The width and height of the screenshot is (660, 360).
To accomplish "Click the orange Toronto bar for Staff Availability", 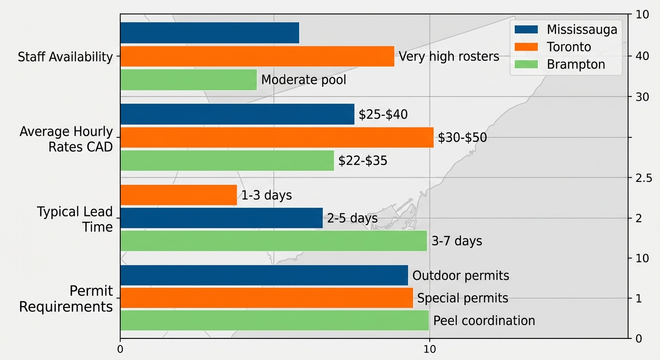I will [257, 56].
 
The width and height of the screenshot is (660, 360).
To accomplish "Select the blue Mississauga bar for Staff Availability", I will [210, 33].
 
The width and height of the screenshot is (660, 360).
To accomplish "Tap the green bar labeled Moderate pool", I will [188, 80].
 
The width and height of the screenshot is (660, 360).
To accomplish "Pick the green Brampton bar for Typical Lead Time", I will [273, 241].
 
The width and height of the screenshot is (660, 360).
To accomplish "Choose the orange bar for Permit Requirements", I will [266, 298].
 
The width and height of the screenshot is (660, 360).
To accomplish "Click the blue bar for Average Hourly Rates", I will [237, 114].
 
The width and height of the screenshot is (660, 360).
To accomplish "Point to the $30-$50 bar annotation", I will [462, 138].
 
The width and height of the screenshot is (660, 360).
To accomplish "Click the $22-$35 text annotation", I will [363, 161].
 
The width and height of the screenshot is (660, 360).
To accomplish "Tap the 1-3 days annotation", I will [266, 195].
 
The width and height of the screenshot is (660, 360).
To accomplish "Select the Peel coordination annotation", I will [484, 321].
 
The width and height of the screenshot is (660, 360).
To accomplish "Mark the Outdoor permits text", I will [460, 276].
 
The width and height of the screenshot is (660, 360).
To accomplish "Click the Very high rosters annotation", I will [449, 57].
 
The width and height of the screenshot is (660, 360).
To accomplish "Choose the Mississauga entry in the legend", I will [582, 30].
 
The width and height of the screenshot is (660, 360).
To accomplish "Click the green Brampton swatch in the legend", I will [526, 64].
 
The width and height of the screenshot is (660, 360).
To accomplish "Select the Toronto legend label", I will [569, 47].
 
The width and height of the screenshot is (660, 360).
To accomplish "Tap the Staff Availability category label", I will [65, 57].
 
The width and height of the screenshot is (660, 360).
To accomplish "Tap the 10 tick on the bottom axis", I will [429, 349].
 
